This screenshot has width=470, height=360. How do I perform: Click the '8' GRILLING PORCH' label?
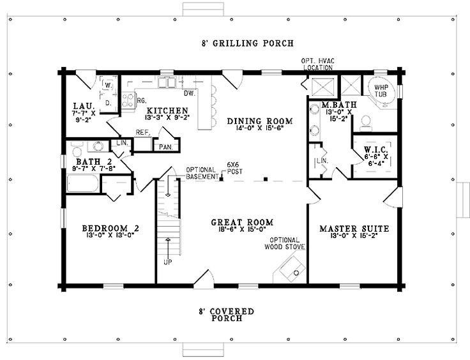pos(244,44)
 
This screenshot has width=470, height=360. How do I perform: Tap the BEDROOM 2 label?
pos(110,228)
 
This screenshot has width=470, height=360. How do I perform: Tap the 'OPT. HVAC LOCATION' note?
pos(317,64)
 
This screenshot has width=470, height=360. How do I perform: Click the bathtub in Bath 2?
pos(83,186)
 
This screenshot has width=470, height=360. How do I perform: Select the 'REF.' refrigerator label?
pos(142,133)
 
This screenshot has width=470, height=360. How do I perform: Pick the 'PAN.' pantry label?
pos(166,146)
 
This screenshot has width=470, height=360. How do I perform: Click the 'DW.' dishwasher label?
pos(189,93)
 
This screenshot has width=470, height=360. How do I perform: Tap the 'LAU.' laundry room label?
pos(84,105)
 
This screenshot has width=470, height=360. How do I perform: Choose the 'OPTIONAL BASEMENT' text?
pos(202,173)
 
